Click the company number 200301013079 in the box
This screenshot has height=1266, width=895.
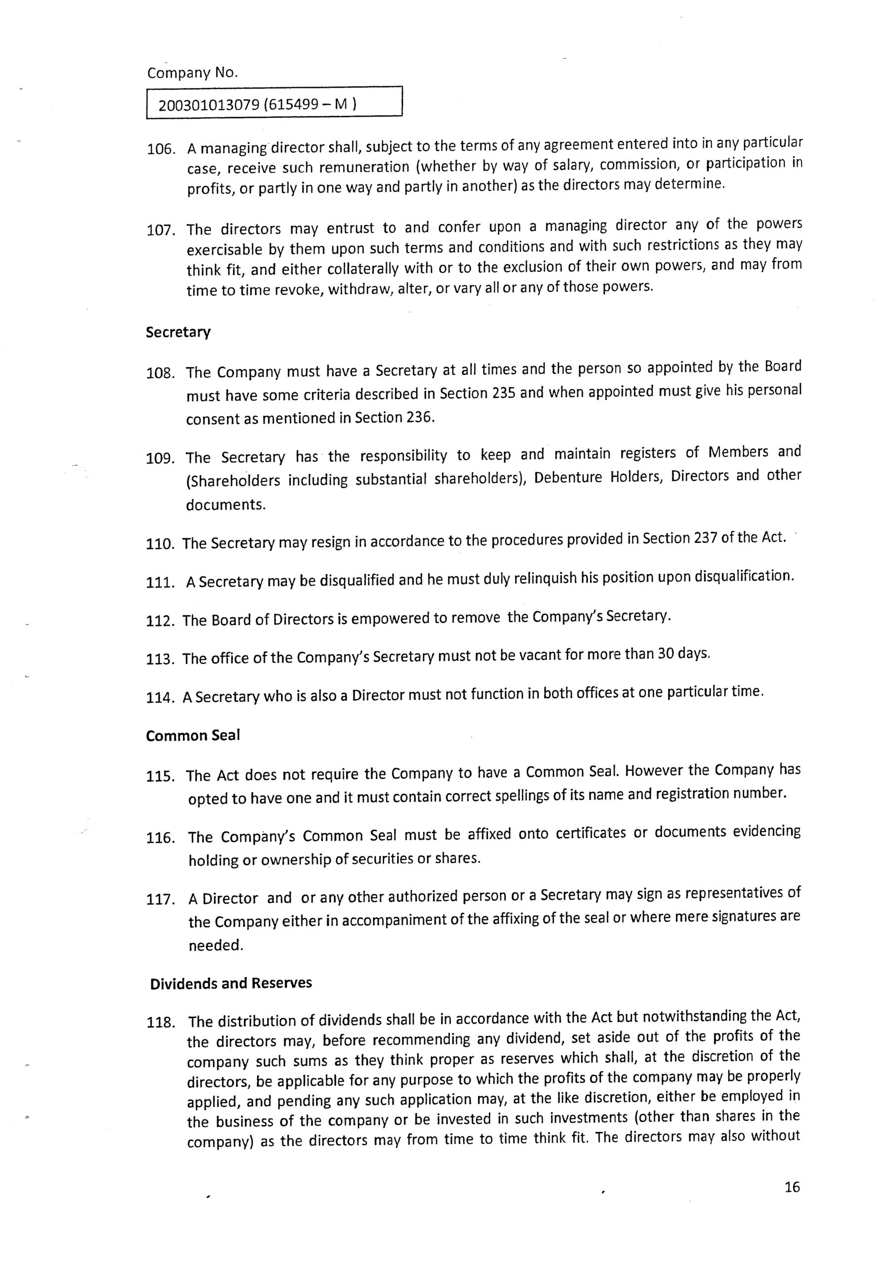click(209, 105)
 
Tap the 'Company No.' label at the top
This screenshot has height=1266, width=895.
click(192, 73)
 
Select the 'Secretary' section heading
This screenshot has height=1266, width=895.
click(178, 332)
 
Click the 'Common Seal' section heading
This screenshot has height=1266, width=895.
click(193, 736)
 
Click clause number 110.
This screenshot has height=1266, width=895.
click(160, 544)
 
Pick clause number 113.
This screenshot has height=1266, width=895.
click(160, 660)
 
